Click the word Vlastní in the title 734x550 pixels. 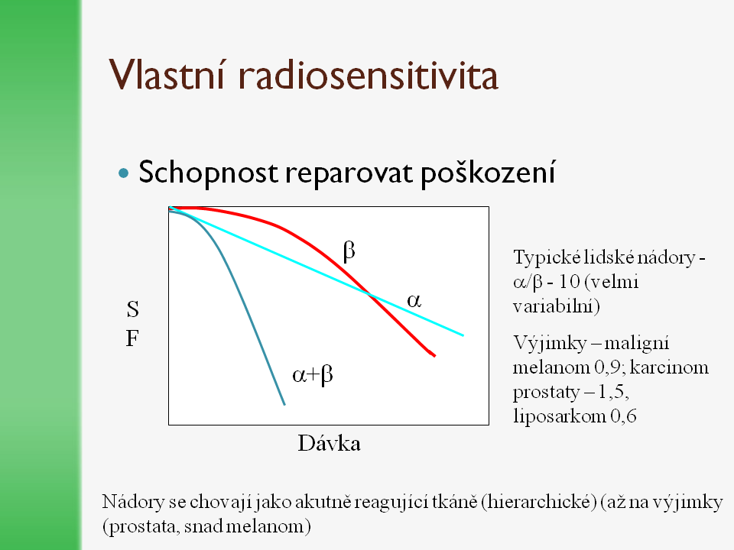pos(167,74)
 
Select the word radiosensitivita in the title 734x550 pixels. pos(369,74)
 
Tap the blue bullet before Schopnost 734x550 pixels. pos(124,173)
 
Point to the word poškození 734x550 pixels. pos(488,172)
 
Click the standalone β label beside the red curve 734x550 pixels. pos(349,251)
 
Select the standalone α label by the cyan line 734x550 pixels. pos(414,300)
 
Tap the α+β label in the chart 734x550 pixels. pos(312,375)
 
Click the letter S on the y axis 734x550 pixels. pos(133,309)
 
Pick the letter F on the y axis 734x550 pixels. pos(132,338)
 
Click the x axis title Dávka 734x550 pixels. pos(329,443)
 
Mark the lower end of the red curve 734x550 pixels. pos(434,356)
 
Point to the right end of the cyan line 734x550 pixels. pos(463,335)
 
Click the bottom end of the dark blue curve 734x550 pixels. pos(284,405)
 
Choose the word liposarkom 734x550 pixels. pos(560,416)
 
